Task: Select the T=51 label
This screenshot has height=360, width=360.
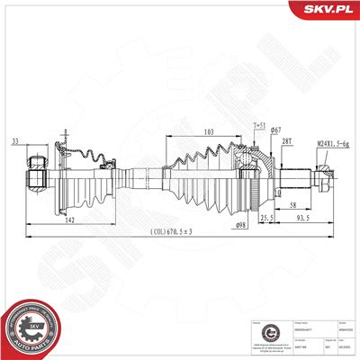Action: (260, 126)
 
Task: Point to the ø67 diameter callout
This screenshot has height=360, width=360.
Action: (277, 132)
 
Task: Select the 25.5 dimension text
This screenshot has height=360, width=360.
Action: (268, 218)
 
